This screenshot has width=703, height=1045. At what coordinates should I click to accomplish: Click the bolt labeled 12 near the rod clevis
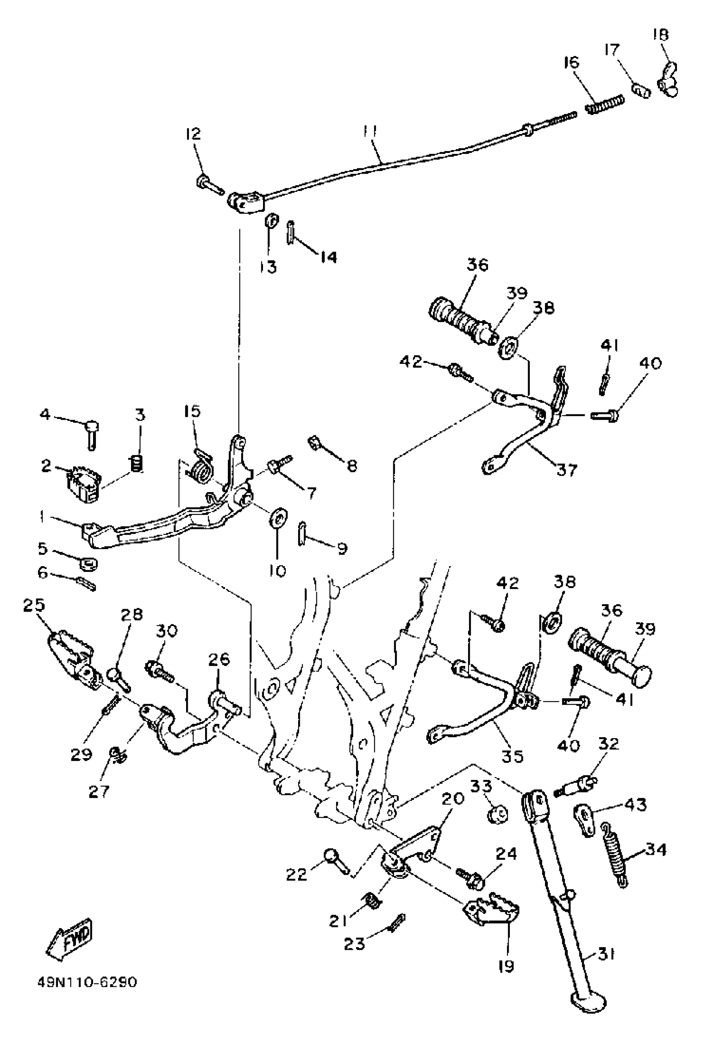209,185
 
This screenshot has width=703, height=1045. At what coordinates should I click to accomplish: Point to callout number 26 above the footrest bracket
219,660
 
